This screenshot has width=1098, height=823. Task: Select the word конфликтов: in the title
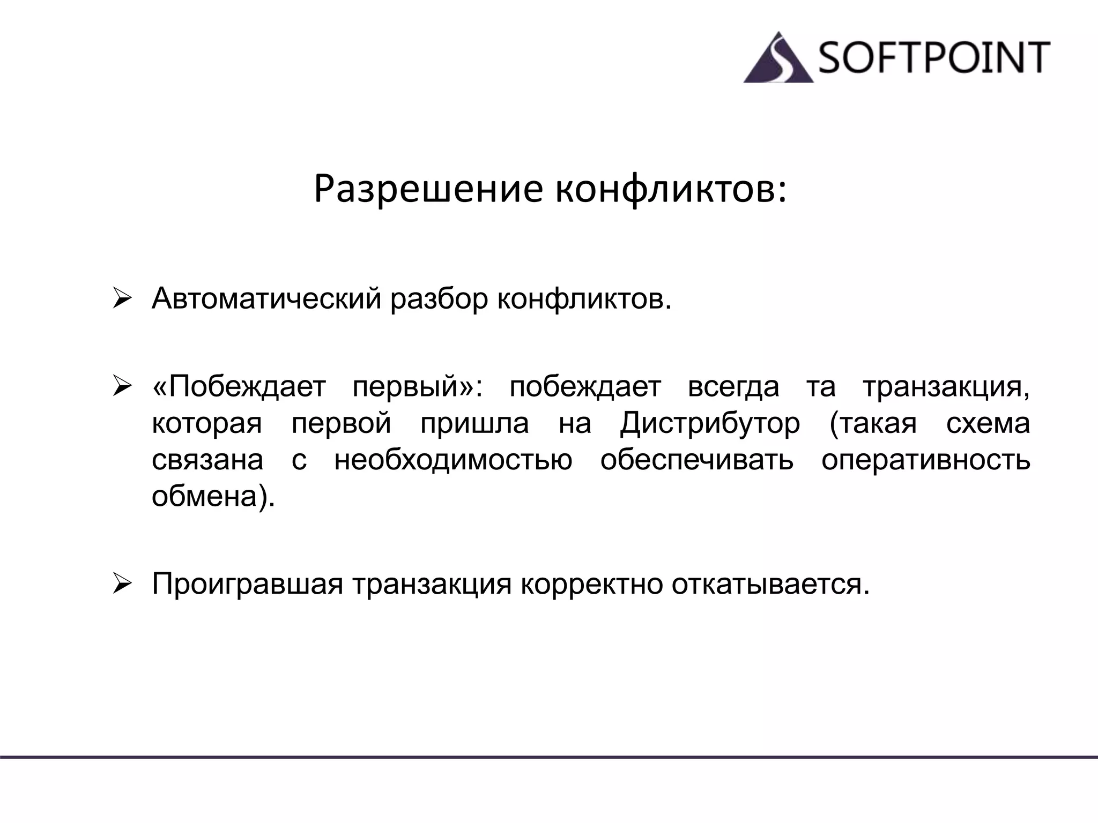point(671,189)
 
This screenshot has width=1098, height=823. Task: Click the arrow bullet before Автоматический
point(122,298)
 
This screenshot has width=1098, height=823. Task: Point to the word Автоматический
point(266,298)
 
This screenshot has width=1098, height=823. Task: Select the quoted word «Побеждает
point(239,387)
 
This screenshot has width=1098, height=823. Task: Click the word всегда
point(733,387)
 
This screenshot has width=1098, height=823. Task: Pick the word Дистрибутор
point(710,423)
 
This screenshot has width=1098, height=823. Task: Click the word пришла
point(474,423)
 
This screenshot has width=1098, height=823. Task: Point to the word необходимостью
point(453,460)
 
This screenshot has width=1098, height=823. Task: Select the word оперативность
point(925,460)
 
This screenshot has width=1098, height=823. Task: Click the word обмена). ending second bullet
point(213,496)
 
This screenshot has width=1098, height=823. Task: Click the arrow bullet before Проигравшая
point(122,583)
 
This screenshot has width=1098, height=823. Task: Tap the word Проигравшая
point(247,584)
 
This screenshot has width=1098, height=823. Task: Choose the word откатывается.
point(770,584)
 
